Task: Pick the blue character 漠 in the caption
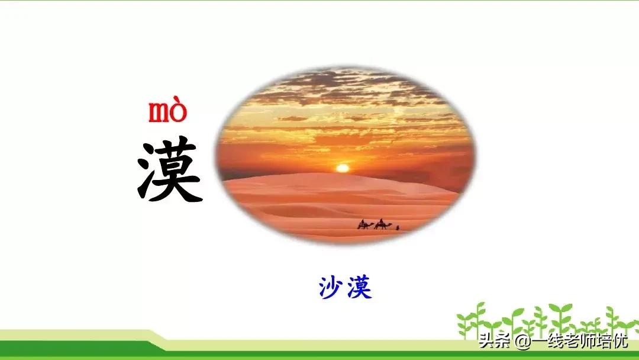360,288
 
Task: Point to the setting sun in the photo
343,168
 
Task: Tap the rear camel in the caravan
366,226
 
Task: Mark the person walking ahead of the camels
398,227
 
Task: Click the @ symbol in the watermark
522,342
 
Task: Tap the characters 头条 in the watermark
495,342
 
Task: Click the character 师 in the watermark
589,342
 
